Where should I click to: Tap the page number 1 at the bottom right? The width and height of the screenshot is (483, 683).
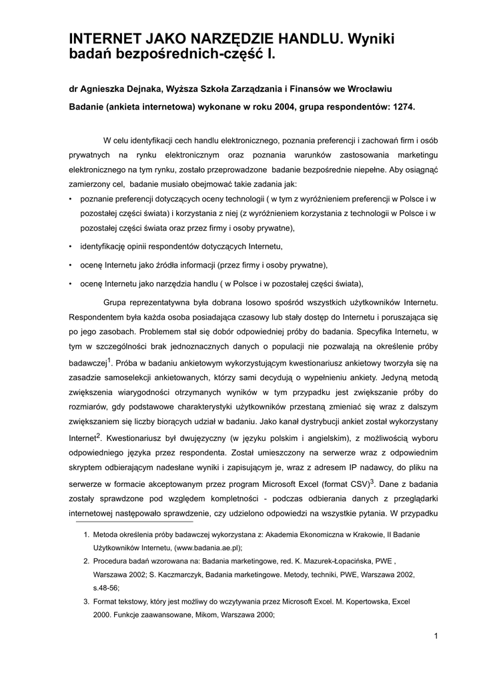[435, 635]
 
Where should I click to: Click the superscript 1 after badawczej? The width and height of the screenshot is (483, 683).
[110, 360]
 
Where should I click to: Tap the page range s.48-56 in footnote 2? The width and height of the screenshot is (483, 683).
[105, 588]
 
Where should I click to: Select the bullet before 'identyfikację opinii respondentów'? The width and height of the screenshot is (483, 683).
[71, 247]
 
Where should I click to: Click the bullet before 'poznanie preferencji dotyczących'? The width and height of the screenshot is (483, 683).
[71, 199]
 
